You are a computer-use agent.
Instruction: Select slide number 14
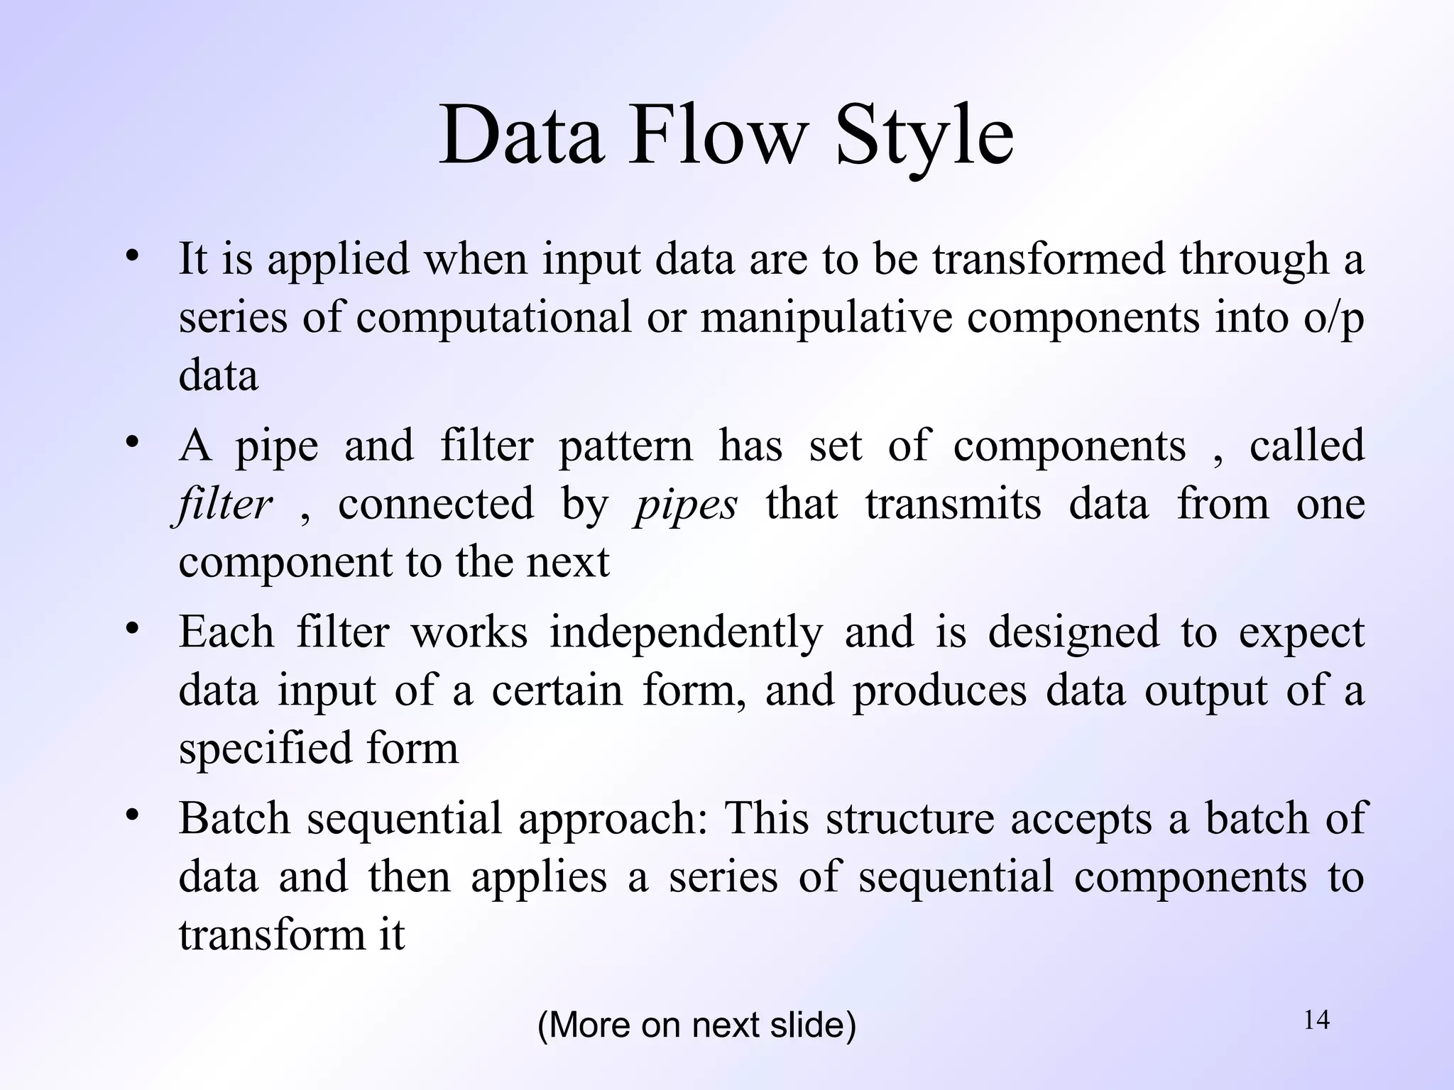1316,1020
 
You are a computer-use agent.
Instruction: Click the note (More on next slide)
696,1025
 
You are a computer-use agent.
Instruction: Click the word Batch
234,818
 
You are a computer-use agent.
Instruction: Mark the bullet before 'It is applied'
131,256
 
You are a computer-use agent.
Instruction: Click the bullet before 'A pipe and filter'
131,444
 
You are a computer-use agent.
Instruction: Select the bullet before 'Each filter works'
131,629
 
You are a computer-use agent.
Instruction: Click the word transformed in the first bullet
1049,258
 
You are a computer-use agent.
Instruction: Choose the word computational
493,316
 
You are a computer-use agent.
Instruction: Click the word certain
557,690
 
